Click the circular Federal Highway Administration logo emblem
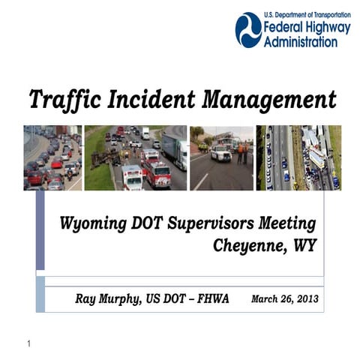pos(248,29)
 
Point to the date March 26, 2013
pos(284,298)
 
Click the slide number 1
pos(28,344)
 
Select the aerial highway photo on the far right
pos(298,157)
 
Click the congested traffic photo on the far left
pos(52,157)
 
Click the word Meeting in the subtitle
pos(285,223)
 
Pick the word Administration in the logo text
pos(300,42)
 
